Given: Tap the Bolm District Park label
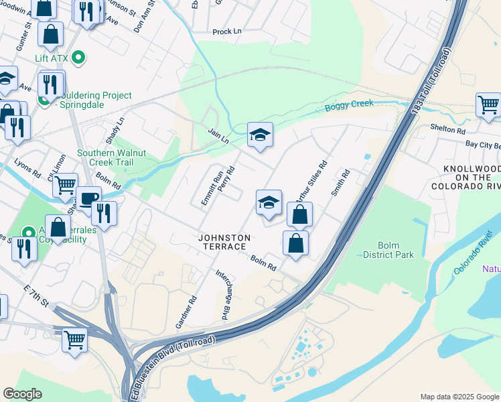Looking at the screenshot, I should tap(388, 251).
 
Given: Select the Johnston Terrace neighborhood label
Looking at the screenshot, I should tap(224, 242).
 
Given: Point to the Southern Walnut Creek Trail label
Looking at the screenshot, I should tap(115, 157).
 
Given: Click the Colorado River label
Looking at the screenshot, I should tap(473, 252).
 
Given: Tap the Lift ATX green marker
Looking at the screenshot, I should tap(79, 58).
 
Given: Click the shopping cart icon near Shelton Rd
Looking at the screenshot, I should tap(488, 105).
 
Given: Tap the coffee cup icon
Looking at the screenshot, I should tap(88, 198).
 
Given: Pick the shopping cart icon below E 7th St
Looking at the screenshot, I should tap(74, 339).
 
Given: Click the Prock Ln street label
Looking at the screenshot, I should tap(226, 31).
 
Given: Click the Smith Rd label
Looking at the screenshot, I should tap(341, 182).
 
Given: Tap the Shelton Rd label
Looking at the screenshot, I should tap(448, 129).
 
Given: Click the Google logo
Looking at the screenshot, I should tap(22, 394).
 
